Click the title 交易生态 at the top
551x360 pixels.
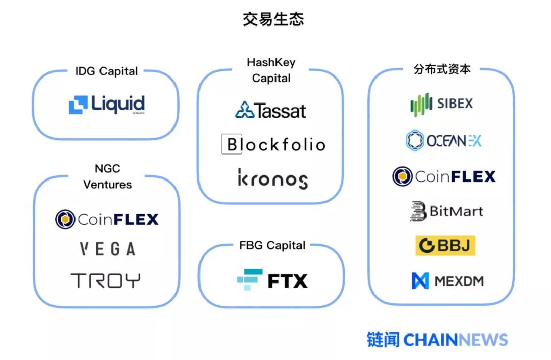[273, 19]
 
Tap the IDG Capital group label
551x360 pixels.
[106, 71]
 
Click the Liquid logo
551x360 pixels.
[107, 105]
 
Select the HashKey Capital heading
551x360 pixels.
[271, 70]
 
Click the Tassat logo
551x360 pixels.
[270, 110]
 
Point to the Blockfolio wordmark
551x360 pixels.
[273, 144]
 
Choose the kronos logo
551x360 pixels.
[272, 178]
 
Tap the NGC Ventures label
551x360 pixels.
[107, 176]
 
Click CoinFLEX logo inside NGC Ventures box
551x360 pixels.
[107, 219]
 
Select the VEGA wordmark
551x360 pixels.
[107, 249]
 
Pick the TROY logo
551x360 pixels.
[106, 280]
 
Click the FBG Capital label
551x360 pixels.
[272, 245]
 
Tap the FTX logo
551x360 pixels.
[272, 280]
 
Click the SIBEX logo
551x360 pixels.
[442, 104]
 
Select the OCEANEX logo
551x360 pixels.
[443, 140]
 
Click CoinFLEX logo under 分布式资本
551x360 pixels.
[444, 176]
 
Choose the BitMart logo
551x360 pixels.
[445, 211]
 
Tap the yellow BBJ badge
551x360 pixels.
[445, 246]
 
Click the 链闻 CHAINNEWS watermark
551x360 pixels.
[437, 340]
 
